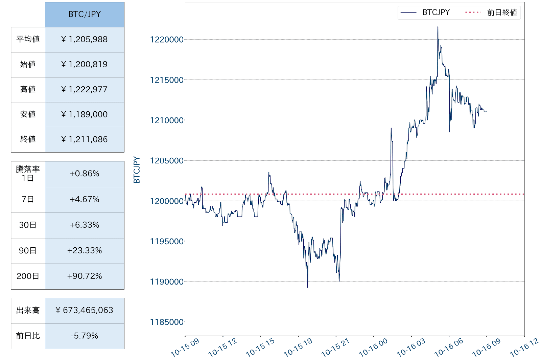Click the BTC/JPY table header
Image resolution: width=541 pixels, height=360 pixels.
pos(85,15)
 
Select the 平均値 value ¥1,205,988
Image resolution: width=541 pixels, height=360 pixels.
pos(85,40)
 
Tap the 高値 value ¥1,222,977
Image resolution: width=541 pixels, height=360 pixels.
pos(85,90)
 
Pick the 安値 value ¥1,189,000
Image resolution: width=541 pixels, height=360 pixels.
pos(85,115)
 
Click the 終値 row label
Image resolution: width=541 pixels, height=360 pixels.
pos(28,139)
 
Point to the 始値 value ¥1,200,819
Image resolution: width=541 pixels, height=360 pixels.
pos(85,65)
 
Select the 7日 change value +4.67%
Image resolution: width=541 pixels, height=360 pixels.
pos(85,200)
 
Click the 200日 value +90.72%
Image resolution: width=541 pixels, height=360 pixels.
pos(85,276)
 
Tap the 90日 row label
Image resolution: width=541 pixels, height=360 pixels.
pos(28,251)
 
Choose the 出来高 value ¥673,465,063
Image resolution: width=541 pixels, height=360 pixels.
pos(85,311)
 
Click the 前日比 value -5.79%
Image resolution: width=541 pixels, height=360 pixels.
pos(85,336)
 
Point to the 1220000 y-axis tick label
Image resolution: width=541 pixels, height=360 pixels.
pos(167,40)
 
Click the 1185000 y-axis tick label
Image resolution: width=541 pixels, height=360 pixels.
pos(167,322)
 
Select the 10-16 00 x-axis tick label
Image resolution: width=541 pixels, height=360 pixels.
pos(373,347)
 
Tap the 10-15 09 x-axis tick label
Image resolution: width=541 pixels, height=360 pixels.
pos(185,347)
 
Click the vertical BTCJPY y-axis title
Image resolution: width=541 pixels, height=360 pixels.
pos(137,170)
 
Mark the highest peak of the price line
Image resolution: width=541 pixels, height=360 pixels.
pos(438,27)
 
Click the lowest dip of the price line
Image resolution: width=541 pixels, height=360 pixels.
pos(307,287)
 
